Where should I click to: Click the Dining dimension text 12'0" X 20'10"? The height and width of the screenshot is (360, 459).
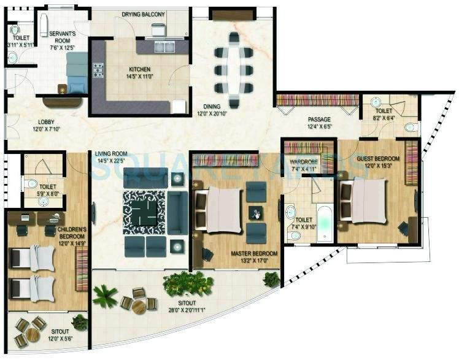[x=212, y=113]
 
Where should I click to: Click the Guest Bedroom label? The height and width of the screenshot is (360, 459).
[x=378, y=158]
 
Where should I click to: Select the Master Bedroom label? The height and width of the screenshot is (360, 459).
[x=253, y=253]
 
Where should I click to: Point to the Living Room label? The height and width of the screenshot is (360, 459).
[x=111, y=153]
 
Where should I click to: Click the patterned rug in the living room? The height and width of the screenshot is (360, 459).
[x=144, y=212]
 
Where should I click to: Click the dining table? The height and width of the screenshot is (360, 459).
[x=234, y=69]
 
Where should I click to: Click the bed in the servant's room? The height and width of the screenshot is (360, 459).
[x=77, y=72]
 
